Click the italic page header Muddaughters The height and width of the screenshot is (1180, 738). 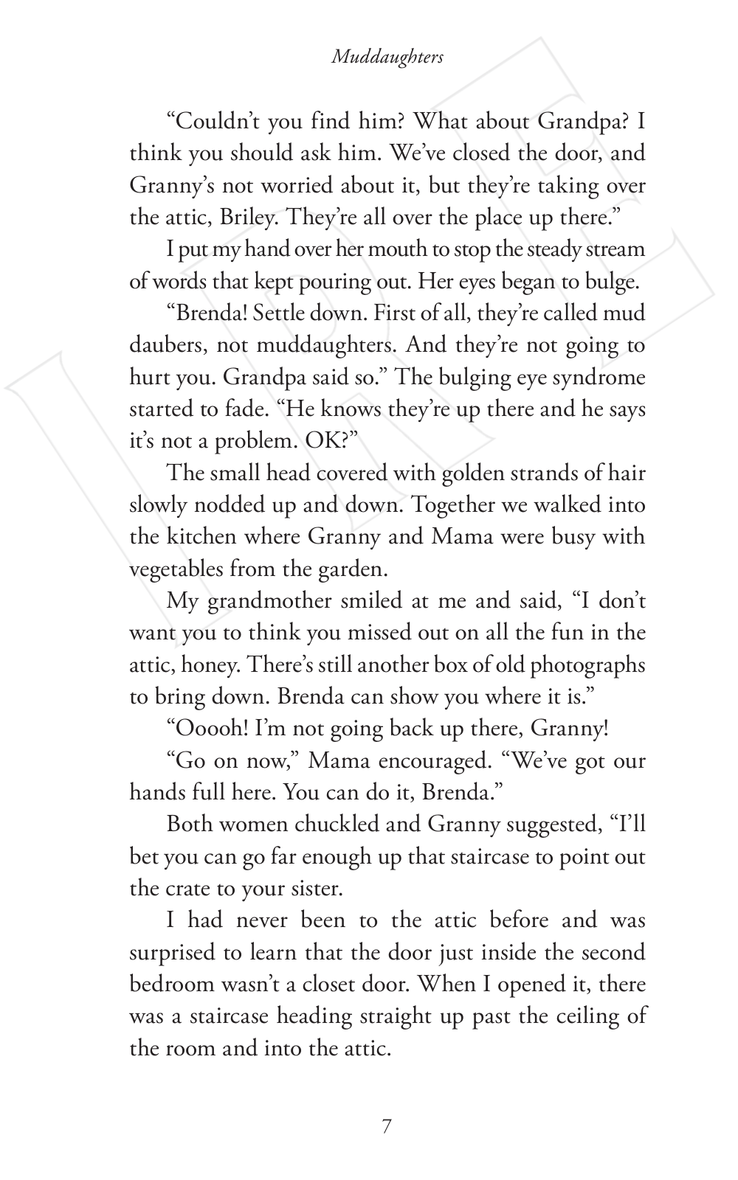387,57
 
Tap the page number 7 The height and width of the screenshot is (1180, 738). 387,1126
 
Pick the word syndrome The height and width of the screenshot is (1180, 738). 599,378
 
